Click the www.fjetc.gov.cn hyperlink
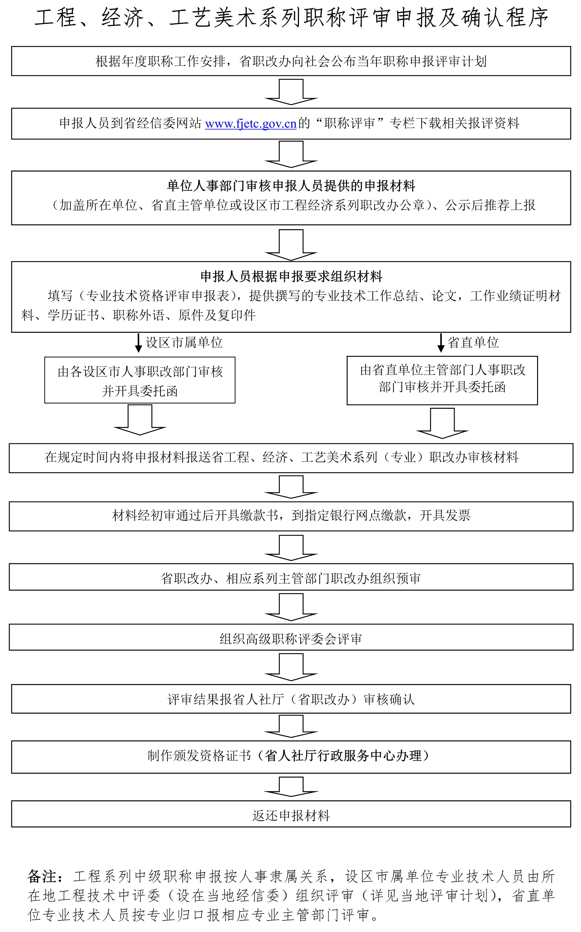(x=251, y=124)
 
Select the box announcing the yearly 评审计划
(x=291, y=61)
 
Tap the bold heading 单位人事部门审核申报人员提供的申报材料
(x=291, y=186)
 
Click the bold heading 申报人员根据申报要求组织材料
(x=291, y=276)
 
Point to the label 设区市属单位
(x=184, y=342)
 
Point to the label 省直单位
(x=473, y=342)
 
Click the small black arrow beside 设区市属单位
(x=138, y=343)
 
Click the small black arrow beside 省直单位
(x=441, y=343)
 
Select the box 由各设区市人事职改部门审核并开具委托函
(x=140, y=380)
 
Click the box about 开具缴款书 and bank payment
(x=291, y=515)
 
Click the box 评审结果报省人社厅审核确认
(x=291, y=699)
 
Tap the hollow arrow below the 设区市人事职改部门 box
(x=140, y=420)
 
